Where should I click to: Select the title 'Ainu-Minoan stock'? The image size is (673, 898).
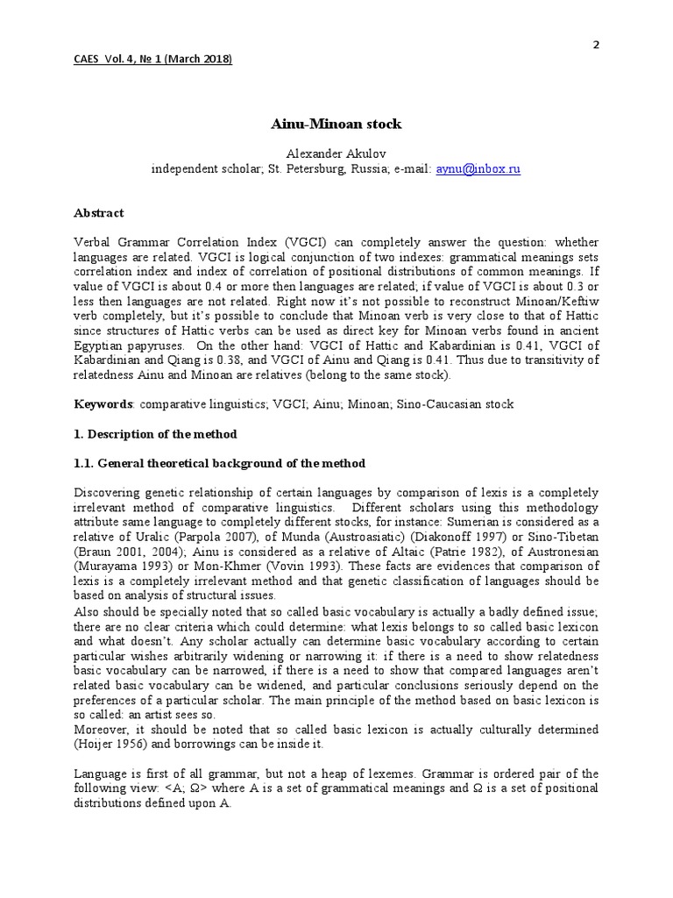tap(335, 124)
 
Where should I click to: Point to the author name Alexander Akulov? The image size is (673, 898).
tap(335, 153)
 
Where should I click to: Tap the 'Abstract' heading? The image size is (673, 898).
tap(99, 213)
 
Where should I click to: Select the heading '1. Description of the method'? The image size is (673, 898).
tap(156, 435)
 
